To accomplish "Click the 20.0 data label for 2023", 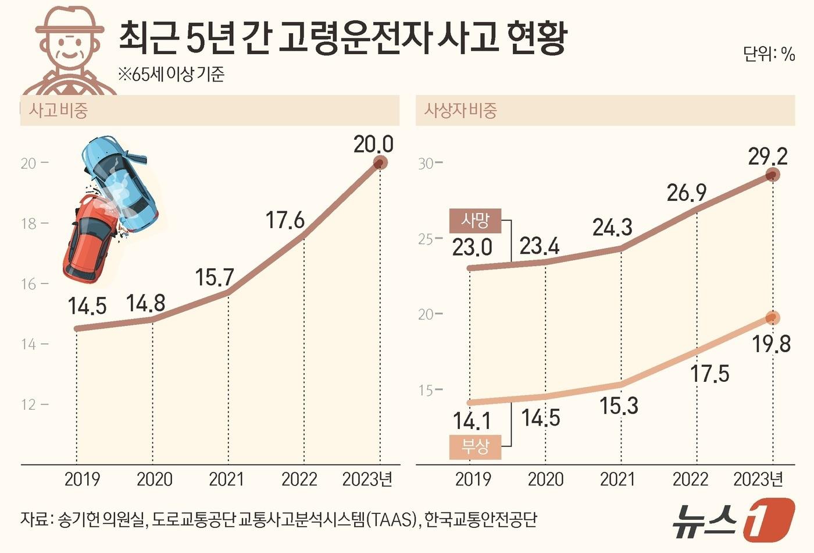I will coord(373,144).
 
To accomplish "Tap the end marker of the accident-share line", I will coord(380,163).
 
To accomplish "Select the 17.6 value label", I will coord(285,221).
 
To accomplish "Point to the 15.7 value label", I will coord(214,278).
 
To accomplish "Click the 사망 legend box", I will coord(475,221).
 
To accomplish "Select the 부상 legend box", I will coord(475,446).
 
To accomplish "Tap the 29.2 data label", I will coord(767,156).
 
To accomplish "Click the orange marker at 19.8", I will coord(772,318).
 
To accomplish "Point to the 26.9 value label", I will coord(686,193).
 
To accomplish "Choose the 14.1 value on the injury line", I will coord(472,421).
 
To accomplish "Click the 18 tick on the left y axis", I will coord(28,224).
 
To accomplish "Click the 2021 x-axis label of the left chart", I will coord(227,479).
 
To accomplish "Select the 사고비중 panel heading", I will coord(58,110).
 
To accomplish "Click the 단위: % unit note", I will coord(769,54).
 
